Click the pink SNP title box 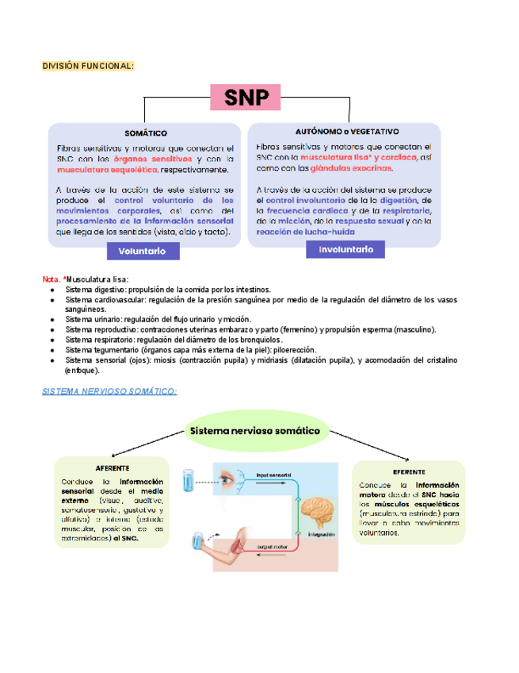(246, 98)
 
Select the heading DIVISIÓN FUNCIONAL (88, 65)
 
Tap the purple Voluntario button (142, 251)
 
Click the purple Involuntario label (345, 249)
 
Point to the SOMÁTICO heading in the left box (145, 133)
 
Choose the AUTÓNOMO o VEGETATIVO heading (347, 130)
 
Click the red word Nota (51, 279)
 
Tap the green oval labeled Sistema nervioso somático (254, 431)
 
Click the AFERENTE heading (112, 468)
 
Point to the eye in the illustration (226, 479)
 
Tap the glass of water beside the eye (188, 479)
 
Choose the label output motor (272, 547)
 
